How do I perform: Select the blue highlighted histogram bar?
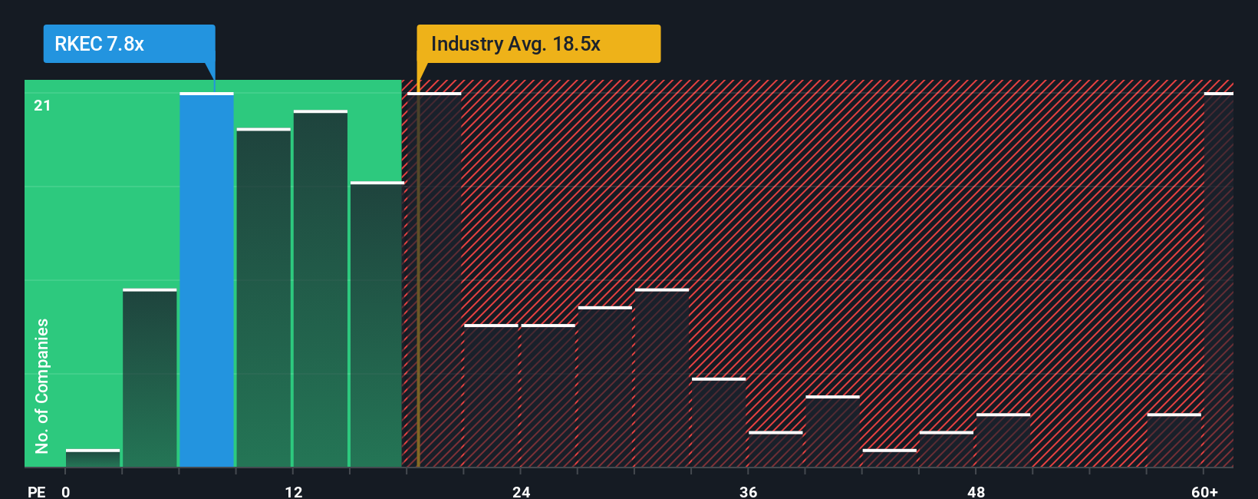pos(206,280)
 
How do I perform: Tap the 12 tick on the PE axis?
pos(294,491)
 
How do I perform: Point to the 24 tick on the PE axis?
pos(522,491)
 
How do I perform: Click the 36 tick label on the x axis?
pos(749,491)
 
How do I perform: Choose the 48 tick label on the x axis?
pos(976,491)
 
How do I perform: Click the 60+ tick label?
pos(1204,491)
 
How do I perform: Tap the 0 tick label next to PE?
pos(66,491)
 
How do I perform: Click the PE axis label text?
pos(36,491)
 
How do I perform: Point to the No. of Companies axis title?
pos(42,385)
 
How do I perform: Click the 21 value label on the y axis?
pos(42,105)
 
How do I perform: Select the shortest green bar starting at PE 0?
pos(93,458)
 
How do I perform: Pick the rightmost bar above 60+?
pos(1218,280)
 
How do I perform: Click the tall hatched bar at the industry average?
pos(434,280)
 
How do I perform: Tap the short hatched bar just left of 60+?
pos(1174,441)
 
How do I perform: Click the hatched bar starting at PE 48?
pos(1003,441)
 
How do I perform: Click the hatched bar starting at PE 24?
pos(548,396)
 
